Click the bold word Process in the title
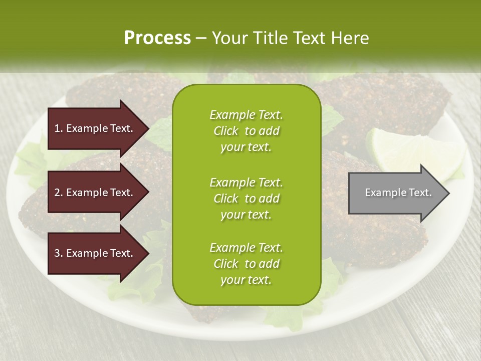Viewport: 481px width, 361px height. [157, 38]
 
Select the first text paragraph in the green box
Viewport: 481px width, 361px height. [246, 131]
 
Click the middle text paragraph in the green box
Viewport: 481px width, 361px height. [246, 198]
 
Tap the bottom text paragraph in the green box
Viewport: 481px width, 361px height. [246, 264]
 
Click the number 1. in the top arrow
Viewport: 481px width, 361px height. [58, 128]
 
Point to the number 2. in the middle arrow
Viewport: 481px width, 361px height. [58, 193]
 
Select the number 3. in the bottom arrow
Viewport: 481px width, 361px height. [58, 253]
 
